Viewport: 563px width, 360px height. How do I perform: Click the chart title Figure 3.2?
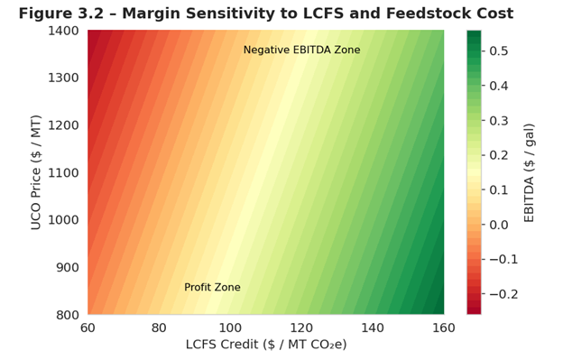coord(265,14)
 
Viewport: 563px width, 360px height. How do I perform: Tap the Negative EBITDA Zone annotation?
coord(301,50)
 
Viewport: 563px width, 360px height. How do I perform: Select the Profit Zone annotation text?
coord(212,287)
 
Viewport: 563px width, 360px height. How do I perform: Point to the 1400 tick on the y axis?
coord(63,31)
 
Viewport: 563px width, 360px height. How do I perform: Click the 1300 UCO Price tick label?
coord(63,78)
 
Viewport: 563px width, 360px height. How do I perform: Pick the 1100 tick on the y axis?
coord(63,173)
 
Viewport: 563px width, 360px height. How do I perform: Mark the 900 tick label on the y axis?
coord(68,267)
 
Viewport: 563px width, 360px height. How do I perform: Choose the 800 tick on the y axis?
coord(68,315)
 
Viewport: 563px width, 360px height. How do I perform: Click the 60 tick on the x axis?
coord(88,328)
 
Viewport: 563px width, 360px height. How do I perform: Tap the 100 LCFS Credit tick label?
coord(230,328)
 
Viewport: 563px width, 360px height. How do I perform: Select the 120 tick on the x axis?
coord(301,328)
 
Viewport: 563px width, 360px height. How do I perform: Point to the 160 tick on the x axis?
coord(444,328)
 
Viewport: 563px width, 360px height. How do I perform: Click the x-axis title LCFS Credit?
coord(266,345)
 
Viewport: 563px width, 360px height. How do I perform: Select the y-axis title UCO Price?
coord(35,172)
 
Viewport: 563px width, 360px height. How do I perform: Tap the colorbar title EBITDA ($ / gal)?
coord(529,173)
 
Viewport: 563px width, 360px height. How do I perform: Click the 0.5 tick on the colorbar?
coord(499,51)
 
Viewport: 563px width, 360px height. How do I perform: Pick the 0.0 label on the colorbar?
coord(499,225)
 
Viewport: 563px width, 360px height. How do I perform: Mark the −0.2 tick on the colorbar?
coord(503,294)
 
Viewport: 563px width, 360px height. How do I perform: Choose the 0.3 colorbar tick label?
coord(499,121)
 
